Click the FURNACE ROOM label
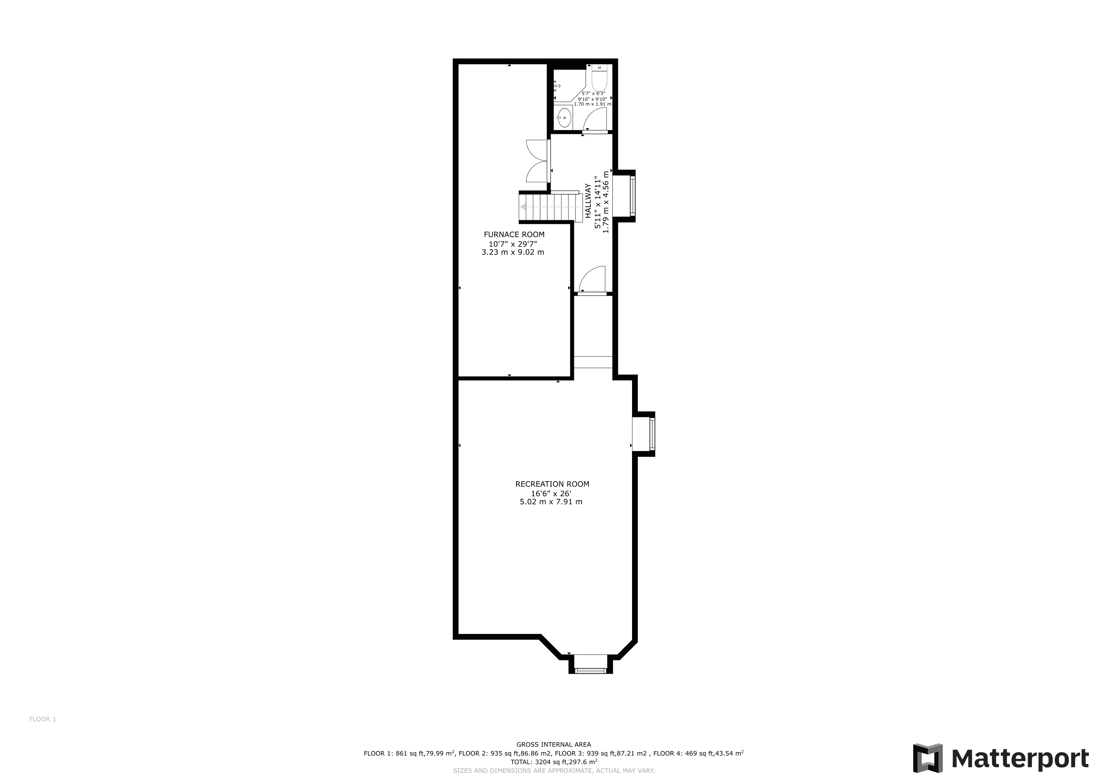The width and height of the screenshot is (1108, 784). pos(514,235)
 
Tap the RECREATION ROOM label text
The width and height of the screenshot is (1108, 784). pos(552,484)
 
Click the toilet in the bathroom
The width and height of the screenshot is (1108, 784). pos(599,77)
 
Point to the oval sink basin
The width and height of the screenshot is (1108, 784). pos(563,117)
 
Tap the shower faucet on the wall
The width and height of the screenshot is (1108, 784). pos(556,85)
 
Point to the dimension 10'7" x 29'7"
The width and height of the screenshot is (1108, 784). pos(513,244)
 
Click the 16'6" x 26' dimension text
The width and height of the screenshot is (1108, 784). pos(551,493)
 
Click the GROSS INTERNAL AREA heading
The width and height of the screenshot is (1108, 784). pos(554,745)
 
